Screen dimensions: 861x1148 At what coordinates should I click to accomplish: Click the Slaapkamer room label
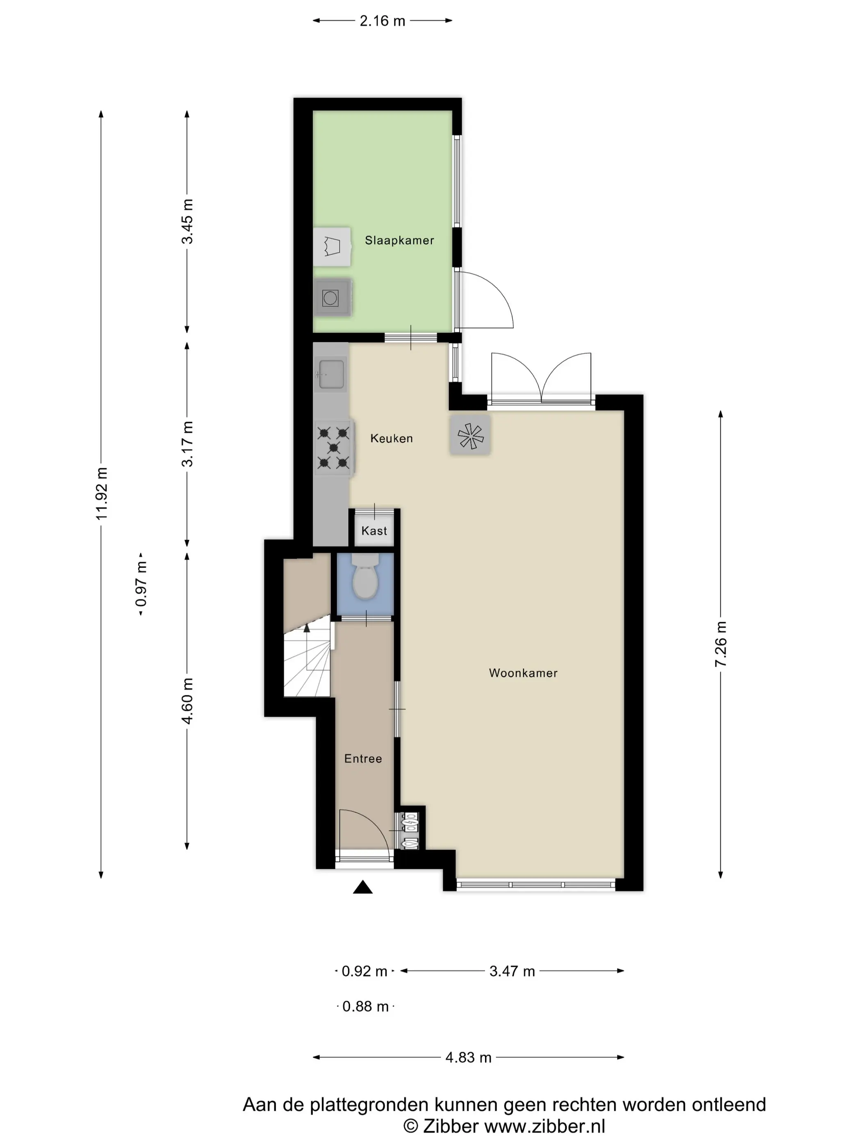coord(399,240)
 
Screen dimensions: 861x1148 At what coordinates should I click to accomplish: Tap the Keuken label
coord(391,439)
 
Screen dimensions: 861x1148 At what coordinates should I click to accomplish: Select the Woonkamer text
coord(523,673)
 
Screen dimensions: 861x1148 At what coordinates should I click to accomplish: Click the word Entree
coord(363,759)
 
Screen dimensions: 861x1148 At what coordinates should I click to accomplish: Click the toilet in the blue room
coord(365,577)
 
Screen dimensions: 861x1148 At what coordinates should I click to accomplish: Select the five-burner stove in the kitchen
coord(334,447)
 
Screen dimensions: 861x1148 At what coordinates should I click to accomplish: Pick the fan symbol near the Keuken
coord(470,435)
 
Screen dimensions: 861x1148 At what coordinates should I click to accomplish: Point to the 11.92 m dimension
coord(101,493)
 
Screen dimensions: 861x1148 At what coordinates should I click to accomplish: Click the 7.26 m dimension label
coord(720,644)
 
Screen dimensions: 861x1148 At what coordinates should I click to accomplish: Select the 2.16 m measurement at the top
coord(383,21)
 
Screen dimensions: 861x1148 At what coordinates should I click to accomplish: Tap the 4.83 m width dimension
coord(468,1058)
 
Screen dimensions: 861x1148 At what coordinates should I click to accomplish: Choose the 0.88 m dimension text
coord(365,1007)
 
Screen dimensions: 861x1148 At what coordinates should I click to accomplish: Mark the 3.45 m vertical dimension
coord(187,221)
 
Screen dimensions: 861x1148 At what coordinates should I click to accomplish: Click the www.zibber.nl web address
coord(544,1127)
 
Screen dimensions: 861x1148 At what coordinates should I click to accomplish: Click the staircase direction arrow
coord(307,629)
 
